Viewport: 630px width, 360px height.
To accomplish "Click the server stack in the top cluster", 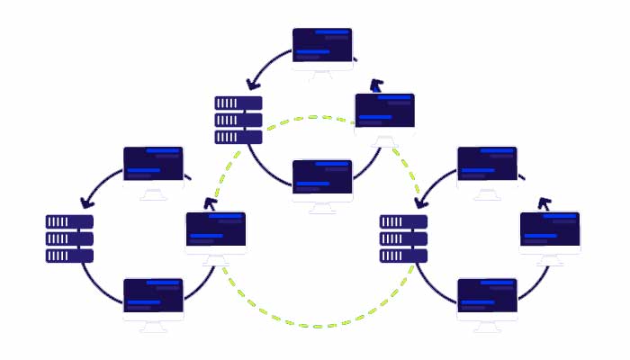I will [238, 120].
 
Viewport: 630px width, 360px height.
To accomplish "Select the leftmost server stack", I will [70, 238].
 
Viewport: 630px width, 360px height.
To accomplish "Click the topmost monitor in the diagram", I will [322, 49].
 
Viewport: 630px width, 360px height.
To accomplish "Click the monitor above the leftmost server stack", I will [153, 167].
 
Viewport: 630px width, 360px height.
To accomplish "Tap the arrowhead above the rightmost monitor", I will [543, 203].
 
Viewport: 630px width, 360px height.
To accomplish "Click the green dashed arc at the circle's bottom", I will [315, 321].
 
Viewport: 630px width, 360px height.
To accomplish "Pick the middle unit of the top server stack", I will [238, 120].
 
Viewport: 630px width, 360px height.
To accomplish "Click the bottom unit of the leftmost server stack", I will [70, 256].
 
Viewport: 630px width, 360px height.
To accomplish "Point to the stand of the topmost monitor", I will [322, 76].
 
